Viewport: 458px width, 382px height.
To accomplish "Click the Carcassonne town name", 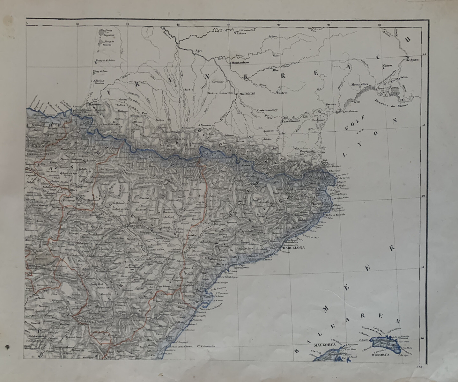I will coord(292,121).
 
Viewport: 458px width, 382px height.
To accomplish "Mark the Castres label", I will coord(282,93).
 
